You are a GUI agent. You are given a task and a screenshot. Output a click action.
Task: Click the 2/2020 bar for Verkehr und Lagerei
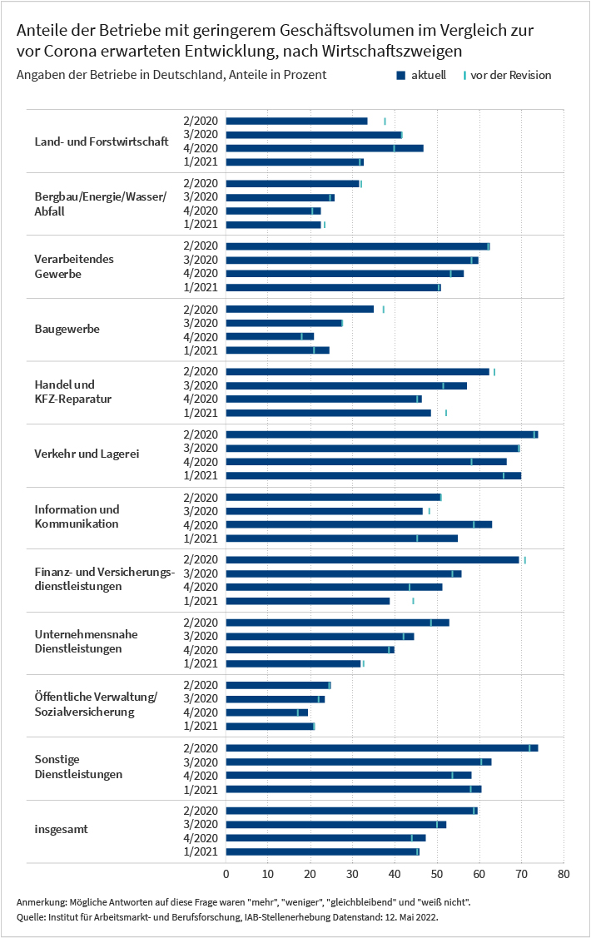click(x=381, y=434)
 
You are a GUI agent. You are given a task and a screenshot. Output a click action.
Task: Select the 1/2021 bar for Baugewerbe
click(x=277, y=350)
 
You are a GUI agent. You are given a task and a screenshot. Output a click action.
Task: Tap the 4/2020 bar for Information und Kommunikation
click(x=359, y=524)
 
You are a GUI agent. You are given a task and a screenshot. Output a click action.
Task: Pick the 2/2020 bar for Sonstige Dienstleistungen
click(x=381, y=747)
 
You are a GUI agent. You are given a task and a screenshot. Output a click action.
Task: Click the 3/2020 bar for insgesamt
click(x=336, y=824)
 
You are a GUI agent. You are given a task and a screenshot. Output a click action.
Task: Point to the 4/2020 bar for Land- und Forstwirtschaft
click(x=325, y=148)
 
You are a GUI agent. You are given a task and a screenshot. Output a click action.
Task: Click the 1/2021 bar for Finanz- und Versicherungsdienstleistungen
click(x=307, y=601)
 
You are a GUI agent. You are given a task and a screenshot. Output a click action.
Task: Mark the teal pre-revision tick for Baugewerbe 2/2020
click(x=384, y=310)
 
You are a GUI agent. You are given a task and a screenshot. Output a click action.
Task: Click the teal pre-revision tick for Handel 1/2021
click(x=445, y=413)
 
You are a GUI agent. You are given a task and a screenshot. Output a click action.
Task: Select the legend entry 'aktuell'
click(x=422, y=75)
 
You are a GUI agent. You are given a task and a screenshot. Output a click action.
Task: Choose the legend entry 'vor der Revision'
click(x=507, y=75)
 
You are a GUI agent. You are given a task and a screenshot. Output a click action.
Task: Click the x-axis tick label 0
click(x=226, y=874)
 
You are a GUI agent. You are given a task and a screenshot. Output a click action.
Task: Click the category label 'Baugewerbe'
click(x=67, y=329)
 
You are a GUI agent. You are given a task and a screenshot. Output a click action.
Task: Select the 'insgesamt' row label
click(x=61, y=829)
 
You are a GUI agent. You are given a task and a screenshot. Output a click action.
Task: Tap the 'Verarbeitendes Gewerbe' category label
click(x=74, y=266)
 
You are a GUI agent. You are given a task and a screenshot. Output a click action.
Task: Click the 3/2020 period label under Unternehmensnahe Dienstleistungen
click(x=201, y=636)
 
